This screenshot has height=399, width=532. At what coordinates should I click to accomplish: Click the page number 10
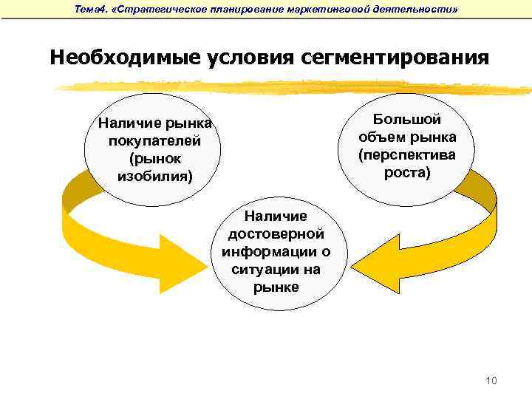491,381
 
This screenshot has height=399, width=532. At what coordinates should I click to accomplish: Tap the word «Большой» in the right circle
407,120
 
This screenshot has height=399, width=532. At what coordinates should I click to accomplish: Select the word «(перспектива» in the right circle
407,155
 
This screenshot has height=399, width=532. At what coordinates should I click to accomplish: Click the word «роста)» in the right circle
407,173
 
